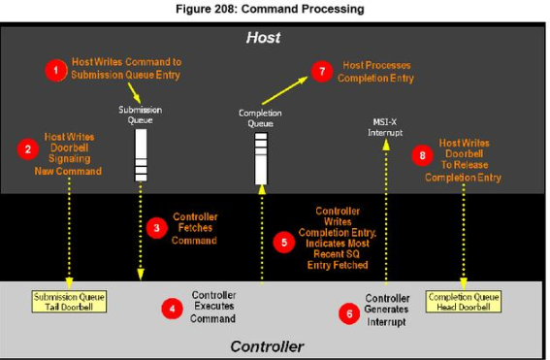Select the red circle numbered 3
[x=154, y=229]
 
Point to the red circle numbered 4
[x=172, y=309]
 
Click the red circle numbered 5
[x=283, y=243]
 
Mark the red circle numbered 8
[x=419, y=155]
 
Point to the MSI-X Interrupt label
[x=387, y=126]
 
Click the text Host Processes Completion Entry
[x=376, y=72]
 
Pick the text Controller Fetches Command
[x=194, y=229]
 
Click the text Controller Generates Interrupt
[x=386, y=310]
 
